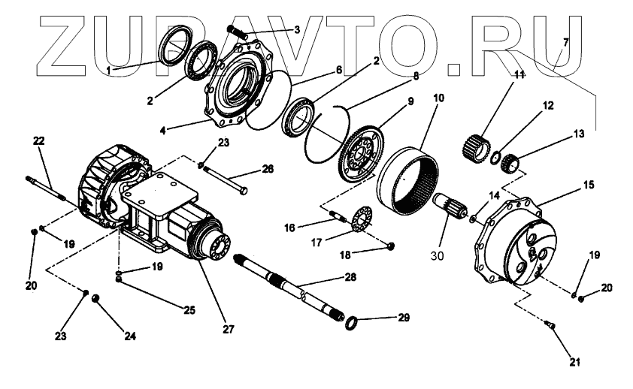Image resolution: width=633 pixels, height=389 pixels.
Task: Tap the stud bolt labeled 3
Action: pyautogui.click(x=238, y=32)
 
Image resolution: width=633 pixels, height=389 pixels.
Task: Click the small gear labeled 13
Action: pyautogui.click(x=513, y=162)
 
